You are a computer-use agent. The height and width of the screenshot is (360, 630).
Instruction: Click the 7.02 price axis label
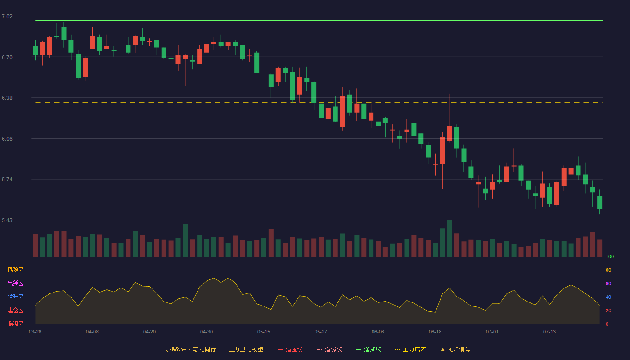[7, 17]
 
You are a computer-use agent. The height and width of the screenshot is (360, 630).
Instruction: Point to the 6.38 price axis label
[7, 98]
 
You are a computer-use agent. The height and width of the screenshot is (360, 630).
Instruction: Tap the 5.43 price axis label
[7, 220]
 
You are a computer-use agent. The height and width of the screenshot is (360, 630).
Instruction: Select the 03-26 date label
[35, 332]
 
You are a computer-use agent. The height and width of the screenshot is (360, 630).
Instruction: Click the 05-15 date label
[264, 332]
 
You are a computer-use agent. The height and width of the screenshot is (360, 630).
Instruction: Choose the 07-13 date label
[549, 332]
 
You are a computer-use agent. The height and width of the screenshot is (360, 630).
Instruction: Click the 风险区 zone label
[15, 270]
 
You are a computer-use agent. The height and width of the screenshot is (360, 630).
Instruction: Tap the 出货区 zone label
[15, 283]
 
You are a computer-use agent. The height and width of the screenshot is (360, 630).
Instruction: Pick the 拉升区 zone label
[15, 297]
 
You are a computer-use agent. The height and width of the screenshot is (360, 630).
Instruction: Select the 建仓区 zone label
[15, 310]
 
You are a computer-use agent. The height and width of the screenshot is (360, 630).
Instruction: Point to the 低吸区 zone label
[15, 324]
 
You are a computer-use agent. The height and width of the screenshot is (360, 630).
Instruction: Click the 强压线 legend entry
[290, 349]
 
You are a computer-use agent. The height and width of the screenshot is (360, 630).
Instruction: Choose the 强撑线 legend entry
[369, 349]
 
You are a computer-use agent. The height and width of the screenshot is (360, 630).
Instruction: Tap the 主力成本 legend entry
[410, 349]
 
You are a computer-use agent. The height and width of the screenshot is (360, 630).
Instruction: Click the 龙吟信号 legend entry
[455, 349]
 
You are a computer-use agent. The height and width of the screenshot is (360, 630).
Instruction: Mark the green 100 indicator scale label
[610, 256]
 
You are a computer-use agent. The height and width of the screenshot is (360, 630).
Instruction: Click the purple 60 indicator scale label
[608, 283]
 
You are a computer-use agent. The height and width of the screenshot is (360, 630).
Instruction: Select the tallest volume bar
[450, 238]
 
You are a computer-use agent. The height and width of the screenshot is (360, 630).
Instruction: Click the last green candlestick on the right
[599, 202]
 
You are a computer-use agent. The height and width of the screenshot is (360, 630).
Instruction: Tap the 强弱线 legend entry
[329, 349]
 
